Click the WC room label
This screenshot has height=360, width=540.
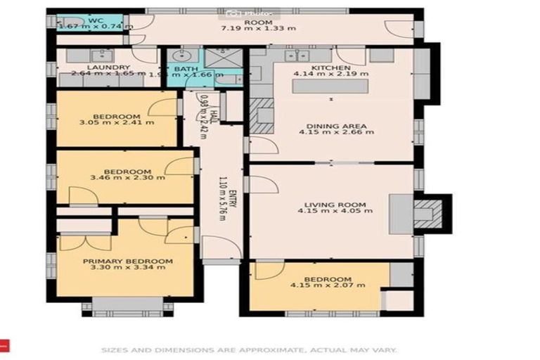(x=94, y=20)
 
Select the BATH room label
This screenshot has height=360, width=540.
(x=186, y=69)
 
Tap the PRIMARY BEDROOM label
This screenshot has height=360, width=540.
(x=127, y=261)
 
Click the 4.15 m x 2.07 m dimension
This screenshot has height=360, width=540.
(x=328, y=285)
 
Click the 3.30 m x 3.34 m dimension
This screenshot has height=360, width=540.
(x=127, y=267)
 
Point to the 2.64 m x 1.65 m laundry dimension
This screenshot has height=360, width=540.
(x=107, y=73)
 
